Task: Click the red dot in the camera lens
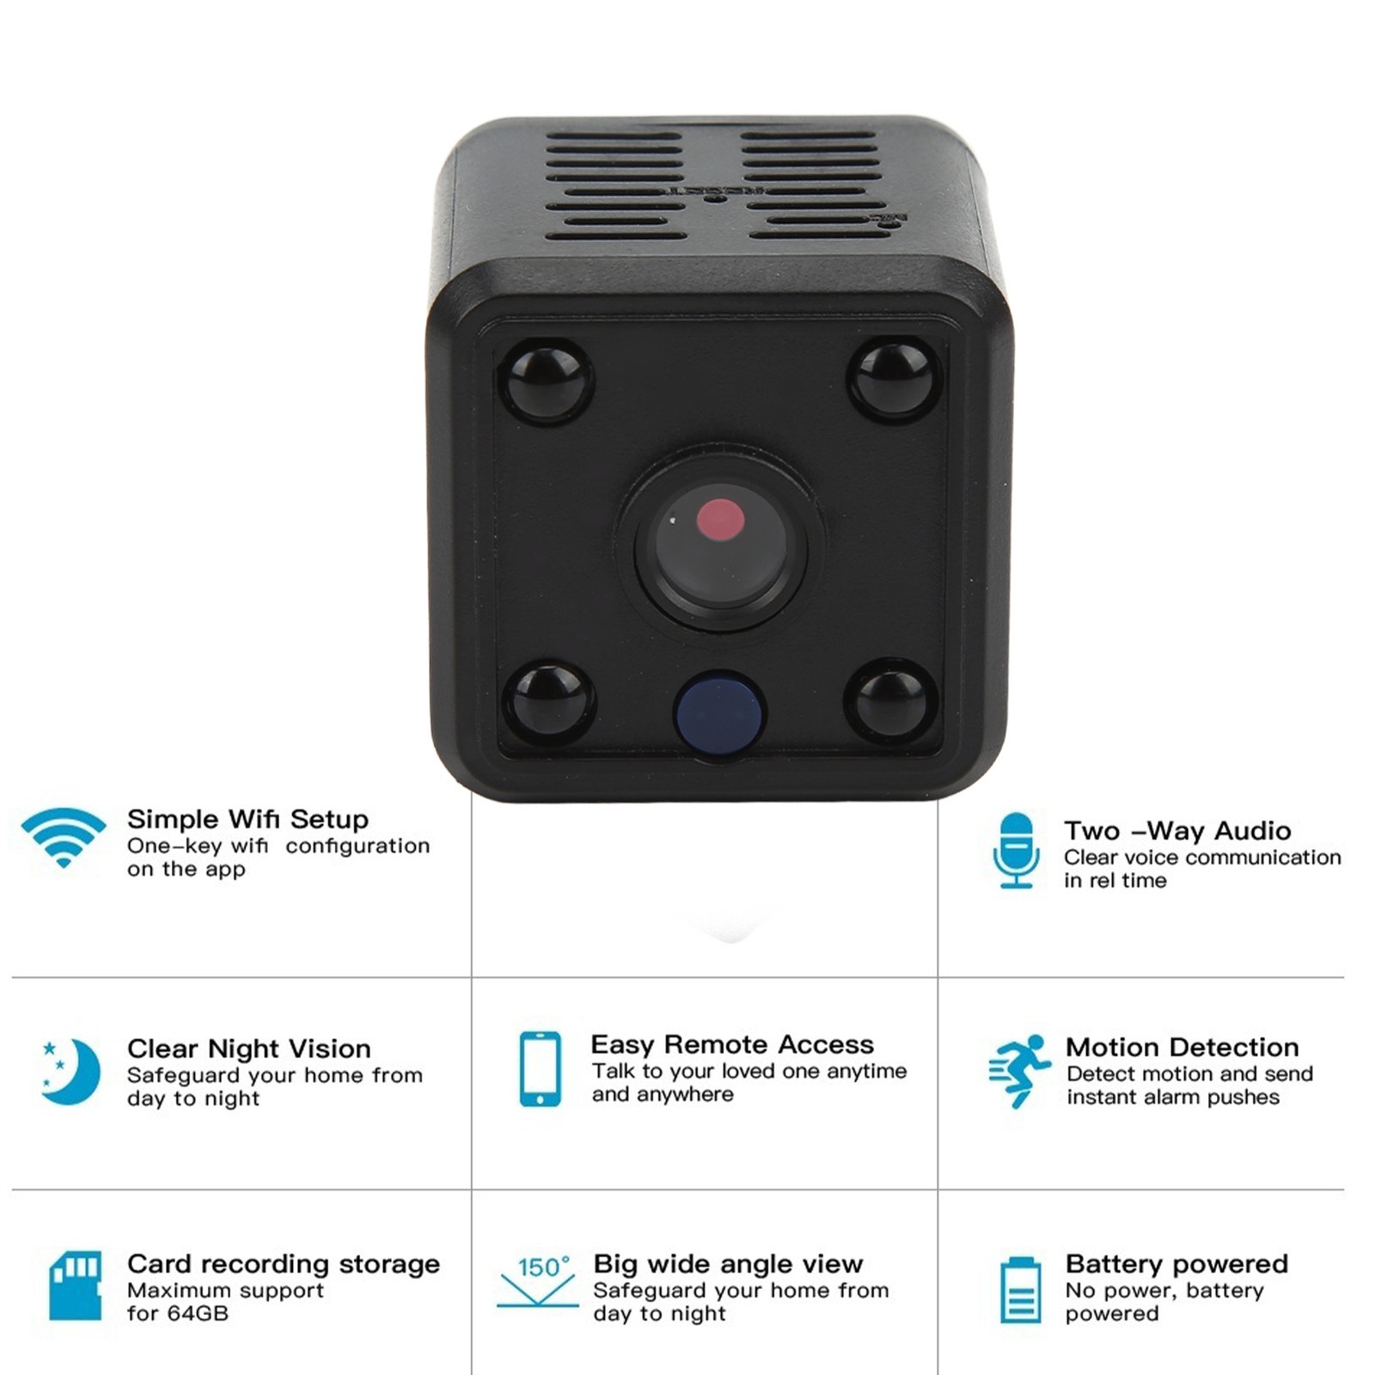720,519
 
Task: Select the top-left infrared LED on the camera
546,380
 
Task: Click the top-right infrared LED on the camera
894,379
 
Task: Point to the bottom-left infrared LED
548,701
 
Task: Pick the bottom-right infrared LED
891,700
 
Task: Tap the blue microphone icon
1017,850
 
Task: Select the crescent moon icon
70,1072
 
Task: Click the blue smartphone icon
541,1069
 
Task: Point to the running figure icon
1020,1071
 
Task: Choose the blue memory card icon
76,1286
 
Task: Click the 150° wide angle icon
538,1281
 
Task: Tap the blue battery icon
1021,1290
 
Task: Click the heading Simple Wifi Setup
247,820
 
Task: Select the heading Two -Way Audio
1177,831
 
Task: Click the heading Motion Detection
1182,1048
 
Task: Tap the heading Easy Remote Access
732,1045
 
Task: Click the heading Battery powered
1177,1265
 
